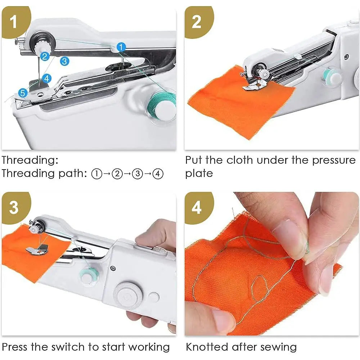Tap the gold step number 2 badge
(197, 22)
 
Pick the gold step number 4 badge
(197, 207)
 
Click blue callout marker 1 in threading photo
(121, 47)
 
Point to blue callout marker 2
(45, 56)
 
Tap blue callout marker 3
(64, 61)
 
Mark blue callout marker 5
(23, 93)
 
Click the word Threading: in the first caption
(30, 160)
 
